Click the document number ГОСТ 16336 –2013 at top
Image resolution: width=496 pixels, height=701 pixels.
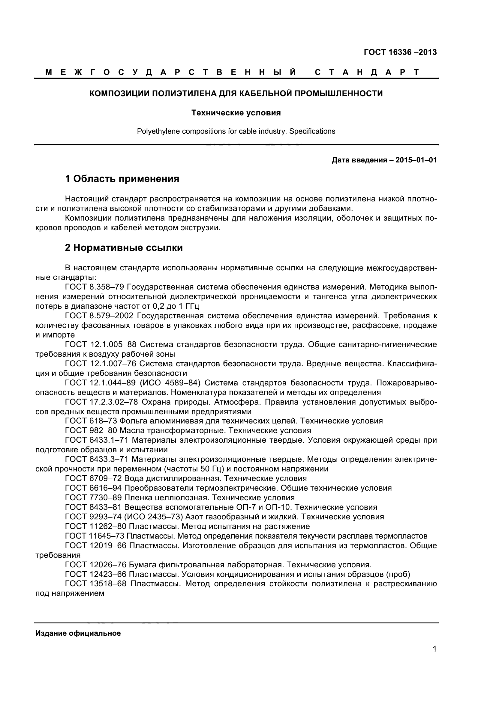(400, 52)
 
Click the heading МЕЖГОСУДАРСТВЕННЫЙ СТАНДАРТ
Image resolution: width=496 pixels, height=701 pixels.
(232, 72)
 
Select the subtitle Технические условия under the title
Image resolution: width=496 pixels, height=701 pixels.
(236, 113)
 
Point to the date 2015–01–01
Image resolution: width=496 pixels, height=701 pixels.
(416, 160)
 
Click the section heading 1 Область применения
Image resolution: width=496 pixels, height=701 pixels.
(122, 179)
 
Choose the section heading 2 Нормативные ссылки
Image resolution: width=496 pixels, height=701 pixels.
(124, 248)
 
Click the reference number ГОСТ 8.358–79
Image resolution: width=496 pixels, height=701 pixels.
(95, 287)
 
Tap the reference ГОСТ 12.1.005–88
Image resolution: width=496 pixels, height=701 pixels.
(101, 344)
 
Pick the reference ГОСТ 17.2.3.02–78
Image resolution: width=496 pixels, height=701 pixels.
(102, 402)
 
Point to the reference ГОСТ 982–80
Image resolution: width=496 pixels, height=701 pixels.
(91, 430)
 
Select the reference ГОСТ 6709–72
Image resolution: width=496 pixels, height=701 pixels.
(93, 478)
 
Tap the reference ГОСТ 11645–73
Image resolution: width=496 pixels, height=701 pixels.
(95, 536)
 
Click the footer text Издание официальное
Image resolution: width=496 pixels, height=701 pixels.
(78, 634)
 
